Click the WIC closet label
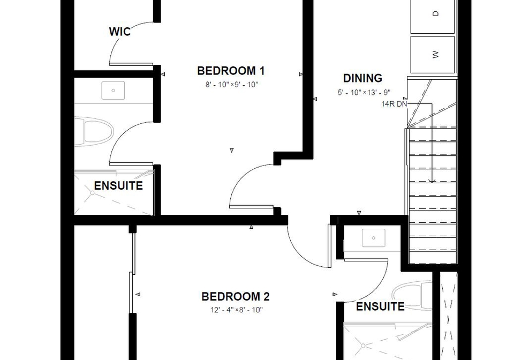119,32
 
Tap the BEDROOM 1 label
231,71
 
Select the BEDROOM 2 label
236,296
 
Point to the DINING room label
362,78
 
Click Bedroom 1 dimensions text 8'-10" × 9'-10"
232,85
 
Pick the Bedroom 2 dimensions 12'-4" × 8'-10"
236,310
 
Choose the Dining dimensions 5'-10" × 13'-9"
364,93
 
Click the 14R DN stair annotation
394,104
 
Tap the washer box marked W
433,55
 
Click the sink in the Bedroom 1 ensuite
113,90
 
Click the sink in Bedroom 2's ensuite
373,238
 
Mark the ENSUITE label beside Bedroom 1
118,185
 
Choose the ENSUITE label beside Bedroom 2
380,306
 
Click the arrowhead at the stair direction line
432,181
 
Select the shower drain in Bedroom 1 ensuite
93,193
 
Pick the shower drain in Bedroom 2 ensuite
363,346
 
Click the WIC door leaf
131,64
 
